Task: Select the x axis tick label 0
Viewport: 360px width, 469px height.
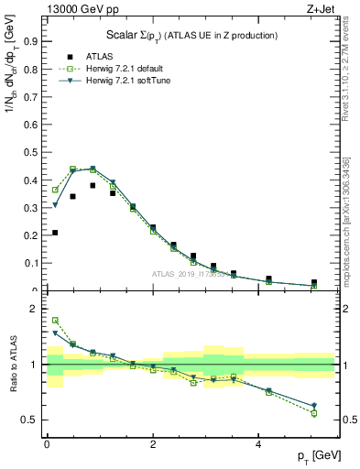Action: coord(47,444)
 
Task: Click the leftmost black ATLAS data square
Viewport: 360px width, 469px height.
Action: coord(55,233)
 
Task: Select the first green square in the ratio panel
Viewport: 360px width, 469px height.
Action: coord(55,321)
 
